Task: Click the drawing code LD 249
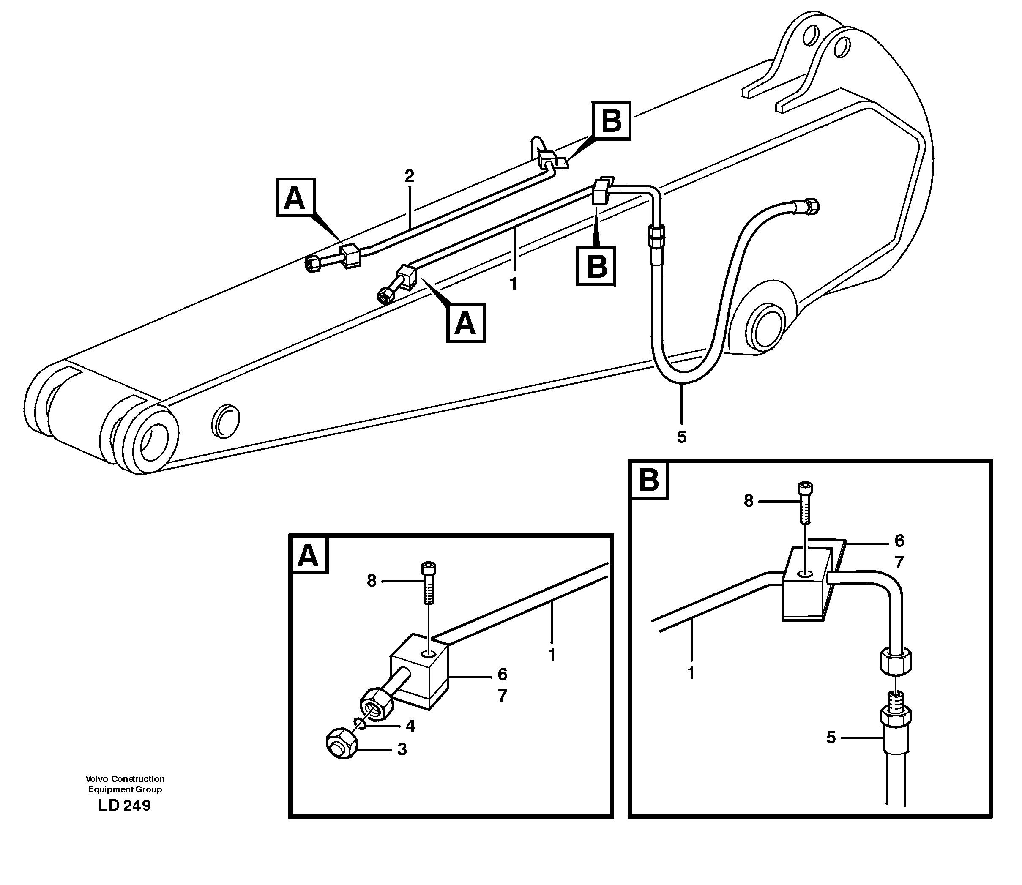coord(125,806)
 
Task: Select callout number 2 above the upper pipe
coord(409,176)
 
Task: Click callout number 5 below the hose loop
coord(682,437)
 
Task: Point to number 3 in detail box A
coord(402,749)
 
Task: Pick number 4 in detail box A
coord(410,726)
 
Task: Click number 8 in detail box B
coord(749,501)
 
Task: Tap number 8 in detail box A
coord(372,581)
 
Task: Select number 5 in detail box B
coord(831,738)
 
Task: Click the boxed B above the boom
coord(612,120)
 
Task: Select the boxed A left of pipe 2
coord(295,197)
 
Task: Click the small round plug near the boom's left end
coord(225,421)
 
